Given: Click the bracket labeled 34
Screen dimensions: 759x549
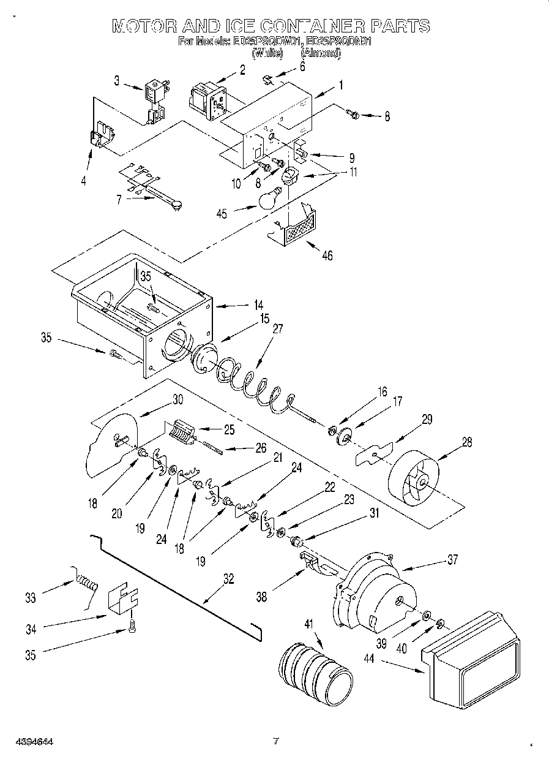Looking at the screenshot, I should coord(123,598).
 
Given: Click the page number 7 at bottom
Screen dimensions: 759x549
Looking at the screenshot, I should coord(275,741).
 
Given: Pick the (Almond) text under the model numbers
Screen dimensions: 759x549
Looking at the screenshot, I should coord(321,54).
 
